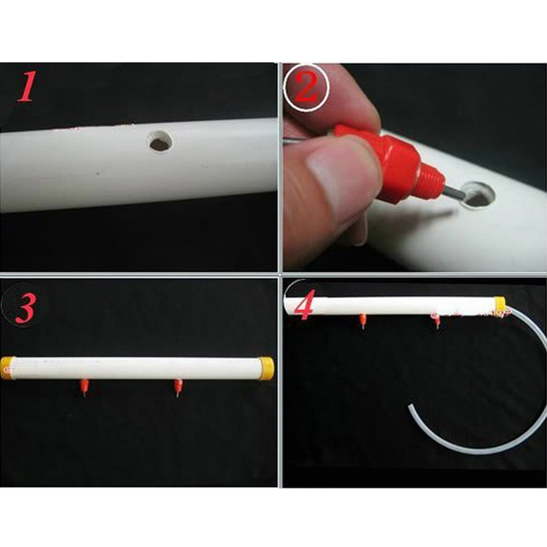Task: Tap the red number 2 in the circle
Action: pyautogui.click(x=306, y=87)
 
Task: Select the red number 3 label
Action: pyautogui.click(x=25, y=308)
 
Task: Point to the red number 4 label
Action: pyautogui.click(x=305, y=304)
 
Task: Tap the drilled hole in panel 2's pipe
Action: pyautogui.click(x=478, y=195)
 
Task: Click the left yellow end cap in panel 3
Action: pyautogui.click(x=8, y=368)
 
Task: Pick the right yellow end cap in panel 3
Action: pyautogui.click(x=267, y=368)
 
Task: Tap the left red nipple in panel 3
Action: pyautogui.click(x=84, y=387)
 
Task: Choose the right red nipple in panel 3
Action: pyautogui.click(x=178, y=388)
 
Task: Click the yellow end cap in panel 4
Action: pyautogui.click(x=500, y=302)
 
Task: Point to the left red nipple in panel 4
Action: pyautogui.click(x=363, y=321)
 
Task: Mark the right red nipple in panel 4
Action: pyautogui.click(x=437, y=322)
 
